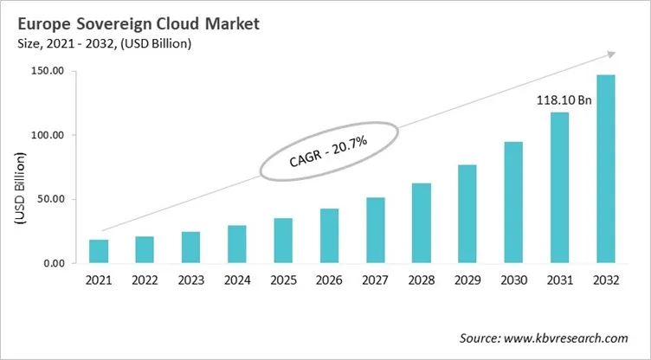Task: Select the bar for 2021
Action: tap(100, 252)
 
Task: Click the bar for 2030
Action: tap(513, 202)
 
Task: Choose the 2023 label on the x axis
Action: tap(190, 281)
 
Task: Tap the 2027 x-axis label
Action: tap(375, 281)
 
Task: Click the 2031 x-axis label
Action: tap(559, 281)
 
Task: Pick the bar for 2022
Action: tap(145, 250)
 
